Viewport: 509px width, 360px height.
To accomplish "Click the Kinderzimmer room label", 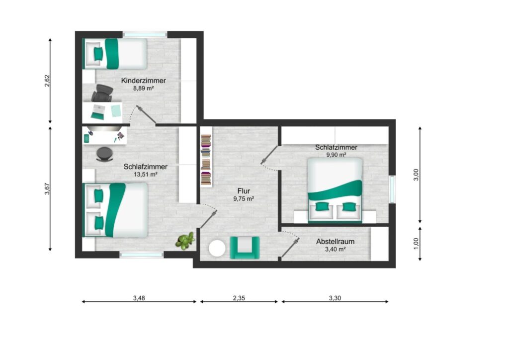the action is pos(143,81).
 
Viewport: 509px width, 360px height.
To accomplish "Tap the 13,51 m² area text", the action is pos(146,175).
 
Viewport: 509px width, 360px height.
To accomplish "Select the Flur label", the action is pos(244,191).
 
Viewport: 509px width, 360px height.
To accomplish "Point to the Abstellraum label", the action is pos(335,242).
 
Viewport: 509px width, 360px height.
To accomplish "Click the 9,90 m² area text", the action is pos(336,155).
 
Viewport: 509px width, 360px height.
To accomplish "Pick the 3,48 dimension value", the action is pos(139,298).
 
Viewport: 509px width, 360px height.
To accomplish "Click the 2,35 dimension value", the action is pos(239,298).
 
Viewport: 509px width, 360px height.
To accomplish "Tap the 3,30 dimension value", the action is pos(335,298).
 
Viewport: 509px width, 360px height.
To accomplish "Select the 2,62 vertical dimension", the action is pos(47,81).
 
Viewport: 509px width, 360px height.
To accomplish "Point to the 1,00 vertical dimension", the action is pos(416,244).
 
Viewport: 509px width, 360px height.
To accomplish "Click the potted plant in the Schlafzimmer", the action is pos(185,241).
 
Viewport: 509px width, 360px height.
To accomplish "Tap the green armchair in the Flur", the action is pos(245,248).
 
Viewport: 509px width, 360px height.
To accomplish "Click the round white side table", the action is pos(217,249).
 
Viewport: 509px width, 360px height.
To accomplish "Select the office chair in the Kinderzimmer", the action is pos(102,93).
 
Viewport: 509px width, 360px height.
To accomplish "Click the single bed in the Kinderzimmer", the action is pos(115,54).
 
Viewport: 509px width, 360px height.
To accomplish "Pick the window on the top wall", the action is pos(145,34).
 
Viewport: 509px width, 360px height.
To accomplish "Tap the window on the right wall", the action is pos(392,189).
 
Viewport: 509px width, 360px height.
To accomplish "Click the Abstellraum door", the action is pos(290,248).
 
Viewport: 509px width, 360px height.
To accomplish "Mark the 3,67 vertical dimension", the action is pos(47,188).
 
